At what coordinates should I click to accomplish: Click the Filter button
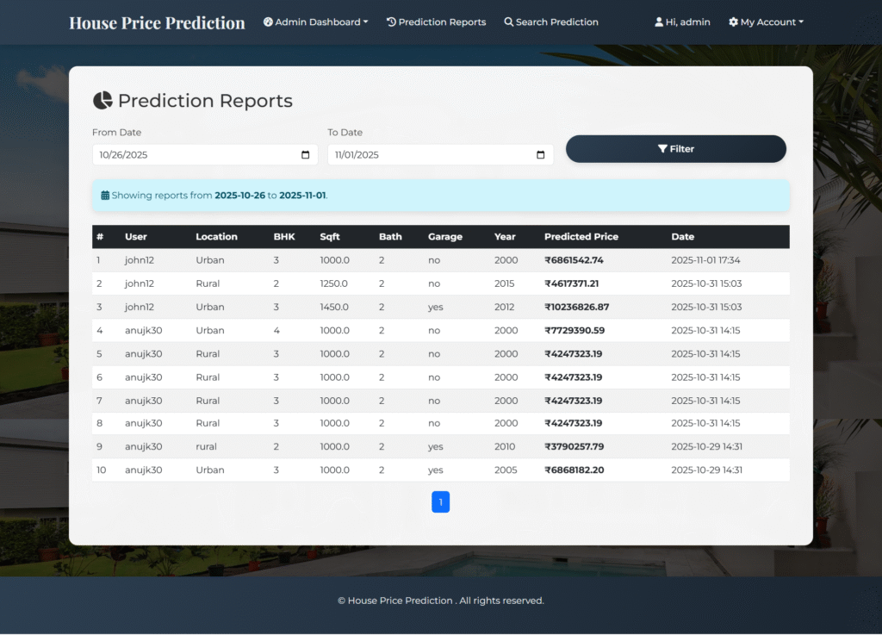(x=675, y=149)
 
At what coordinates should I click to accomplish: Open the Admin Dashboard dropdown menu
(x=315, y=22)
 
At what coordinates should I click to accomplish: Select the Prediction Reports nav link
(x=436, y=22)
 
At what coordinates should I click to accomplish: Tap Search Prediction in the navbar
(x=551, y=22)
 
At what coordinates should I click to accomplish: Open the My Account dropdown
(x=766, y=22)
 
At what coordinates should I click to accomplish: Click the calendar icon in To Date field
(x=541, y=155)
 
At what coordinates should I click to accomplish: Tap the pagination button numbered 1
(x=440, y=502)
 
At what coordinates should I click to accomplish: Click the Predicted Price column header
(x=581, y=237)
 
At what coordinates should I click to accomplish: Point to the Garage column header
(x=444, y=237)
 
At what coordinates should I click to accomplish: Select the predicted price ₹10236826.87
(x=576, y=307)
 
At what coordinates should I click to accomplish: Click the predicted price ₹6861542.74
(x=574, y=260)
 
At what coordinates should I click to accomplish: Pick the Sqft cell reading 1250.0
(x=334, y=283)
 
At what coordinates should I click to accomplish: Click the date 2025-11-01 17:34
(x=705, y=260)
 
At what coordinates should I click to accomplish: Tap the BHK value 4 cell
(x=276, y=330)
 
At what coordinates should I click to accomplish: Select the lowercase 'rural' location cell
(x=206, y=446)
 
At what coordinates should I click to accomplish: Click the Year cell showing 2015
(x=505, y=283)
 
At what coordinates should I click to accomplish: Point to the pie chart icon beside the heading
(x=102, y=101)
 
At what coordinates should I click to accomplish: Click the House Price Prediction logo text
(x=157, y=22)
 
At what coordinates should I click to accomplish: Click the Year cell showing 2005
(x=506, y=470)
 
